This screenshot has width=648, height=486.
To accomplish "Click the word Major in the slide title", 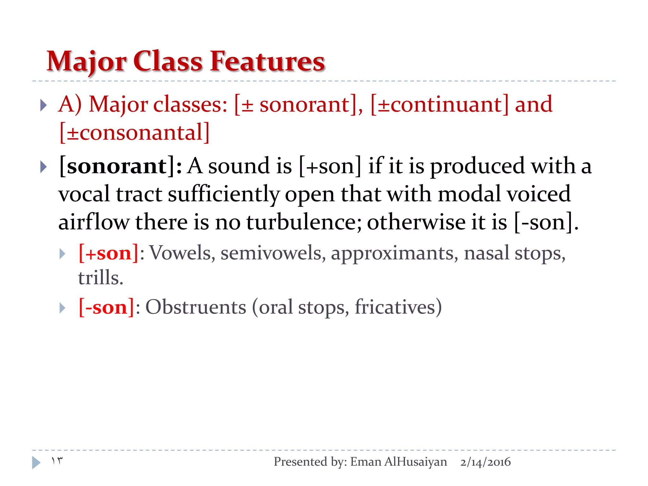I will tap(86, 62).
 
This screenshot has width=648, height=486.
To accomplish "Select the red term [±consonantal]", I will tap(134, 132).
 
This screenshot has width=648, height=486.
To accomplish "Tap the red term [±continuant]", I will tap(439, 104).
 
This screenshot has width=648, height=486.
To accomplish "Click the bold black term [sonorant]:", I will tap(120, 166).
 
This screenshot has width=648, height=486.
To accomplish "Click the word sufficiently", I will tap(223, 194).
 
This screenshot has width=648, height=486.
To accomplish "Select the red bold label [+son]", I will tap(109, 253).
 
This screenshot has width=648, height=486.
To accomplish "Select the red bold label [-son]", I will tap(107, 307).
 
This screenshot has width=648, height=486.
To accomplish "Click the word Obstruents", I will tap(196, 307).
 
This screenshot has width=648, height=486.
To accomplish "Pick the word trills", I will tap(100, 278).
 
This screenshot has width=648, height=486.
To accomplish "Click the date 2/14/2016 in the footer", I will tap(485, 462).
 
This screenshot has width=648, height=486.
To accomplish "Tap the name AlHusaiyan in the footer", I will tap(415, 462).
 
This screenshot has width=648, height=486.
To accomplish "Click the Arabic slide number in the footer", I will tap(57, 461).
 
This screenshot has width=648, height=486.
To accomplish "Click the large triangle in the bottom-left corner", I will tap(36, 463).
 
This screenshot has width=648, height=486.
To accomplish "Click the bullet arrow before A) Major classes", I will tap(44, 105).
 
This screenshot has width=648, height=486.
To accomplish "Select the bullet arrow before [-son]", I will tap(62, 308).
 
